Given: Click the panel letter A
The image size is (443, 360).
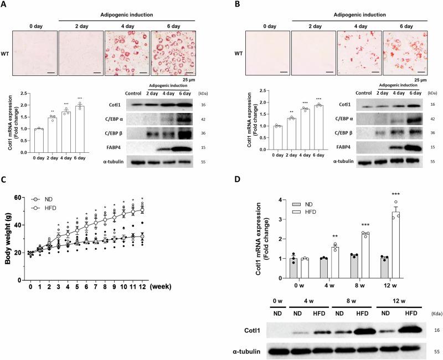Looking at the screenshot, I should click(x=5, y=5).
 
